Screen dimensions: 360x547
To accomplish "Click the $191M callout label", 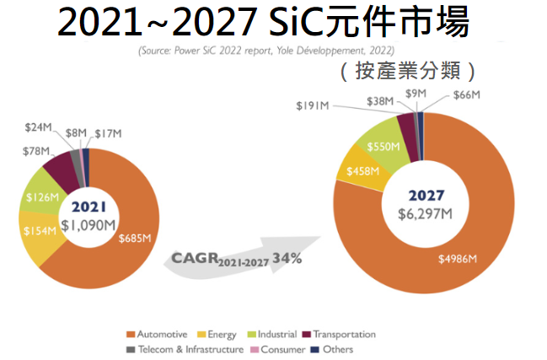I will [312, 105].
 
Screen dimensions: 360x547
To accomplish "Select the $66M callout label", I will [466, 96].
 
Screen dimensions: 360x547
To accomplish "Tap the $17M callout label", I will [109, 133].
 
